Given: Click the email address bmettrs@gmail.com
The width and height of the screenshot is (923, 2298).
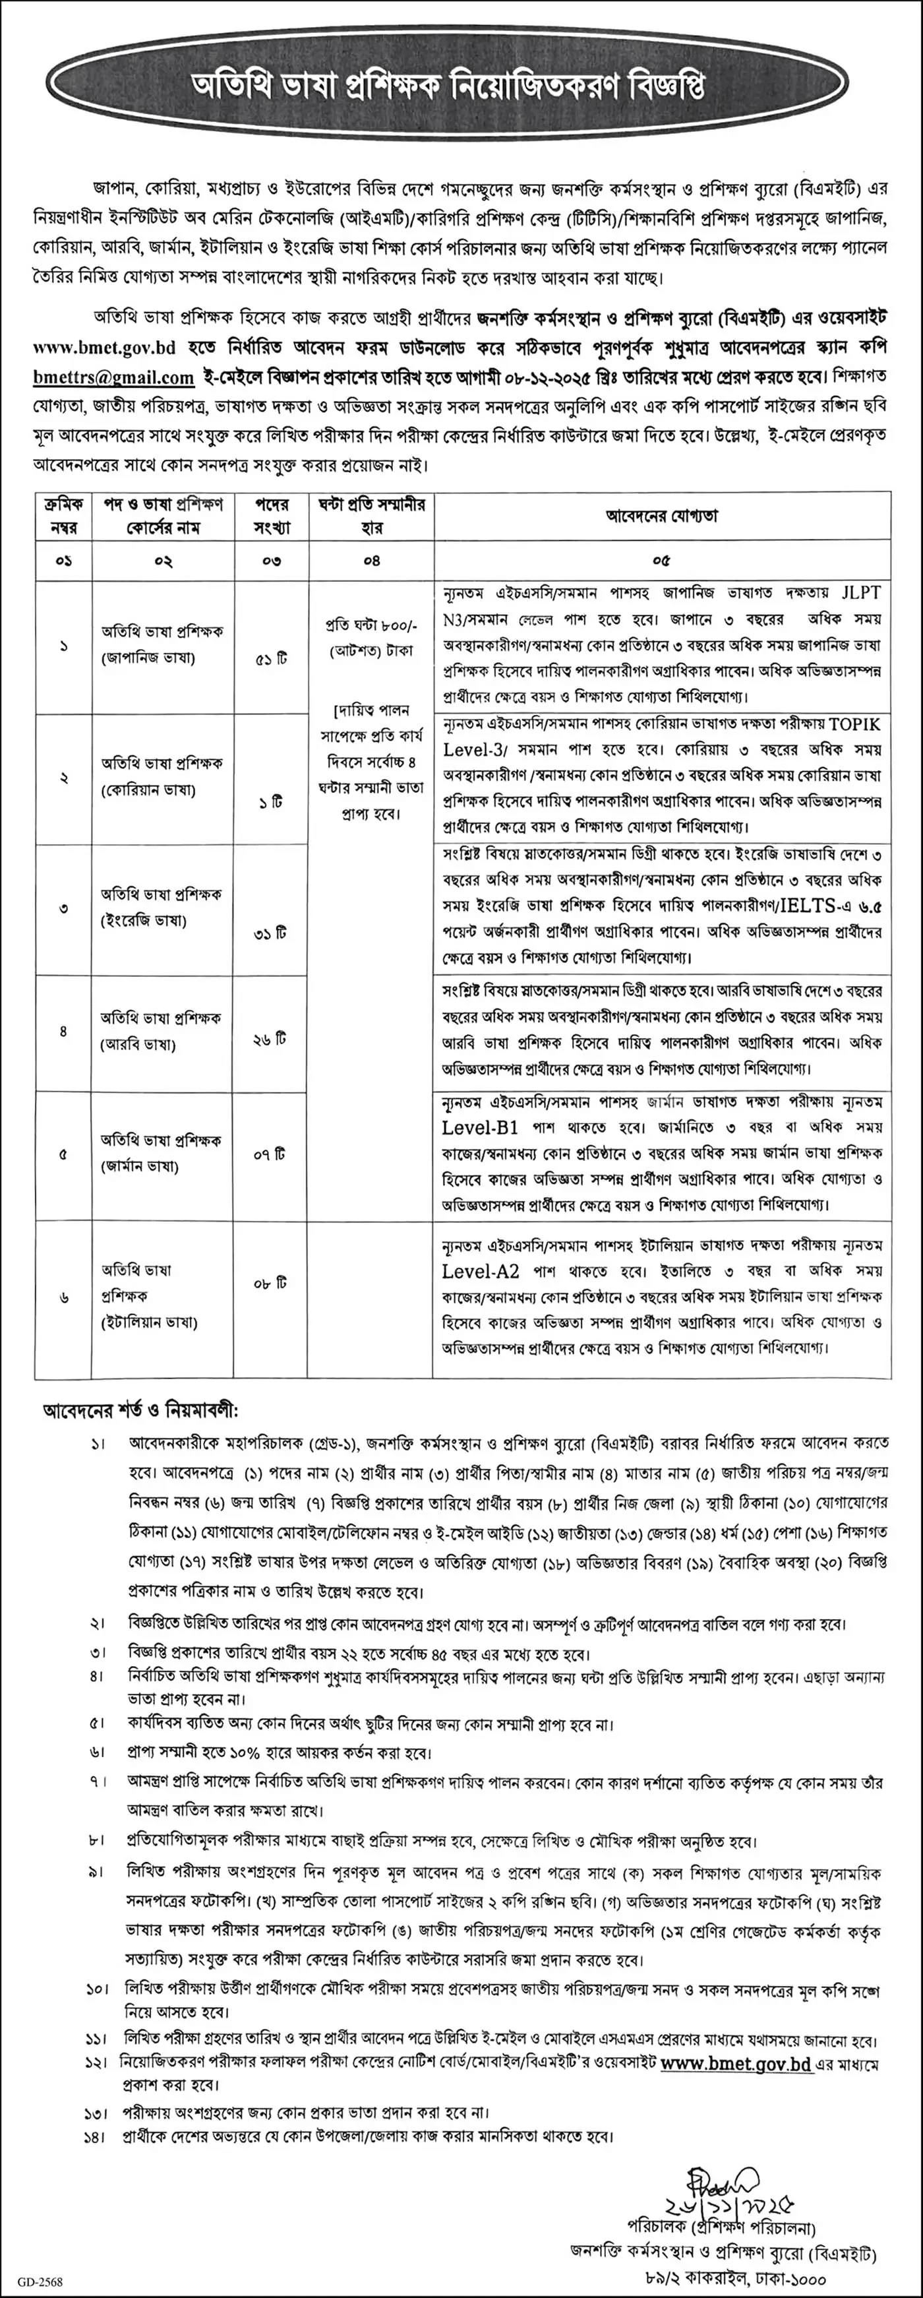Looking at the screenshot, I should (113, 378).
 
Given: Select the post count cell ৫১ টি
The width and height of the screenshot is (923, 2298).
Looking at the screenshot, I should (270, 662).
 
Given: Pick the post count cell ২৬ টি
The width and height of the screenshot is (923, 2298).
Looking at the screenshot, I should (270, 1040).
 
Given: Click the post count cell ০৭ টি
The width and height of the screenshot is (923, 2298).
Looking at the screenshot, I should (270, 1154).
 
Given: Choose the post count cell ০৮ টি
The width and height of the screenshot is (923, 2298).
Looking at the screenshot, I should (270, 1284).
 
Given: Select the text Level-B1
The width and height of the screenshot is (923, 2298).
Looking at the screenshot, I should (480, 1128).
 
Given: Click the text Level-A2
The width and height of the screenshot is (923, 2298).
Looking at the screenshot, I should (480, 1271).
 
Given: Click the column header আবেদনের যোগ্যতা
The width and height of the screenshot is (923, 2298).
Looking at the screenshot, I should (662, 516).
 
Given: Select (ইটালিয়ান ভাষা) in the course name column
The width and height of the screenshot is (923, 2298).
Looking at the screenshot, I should (149, 1322).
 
